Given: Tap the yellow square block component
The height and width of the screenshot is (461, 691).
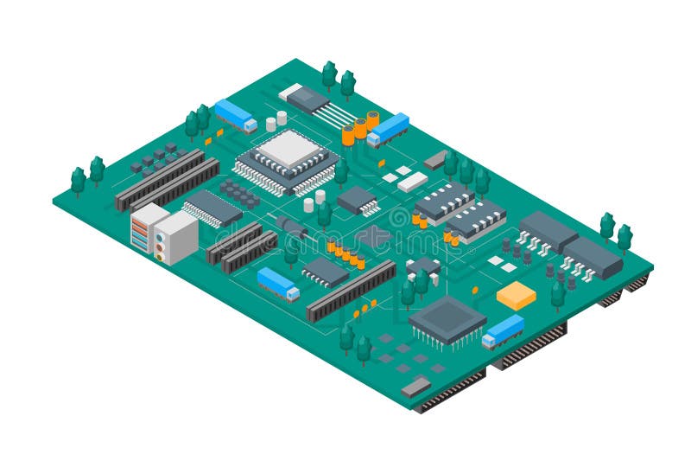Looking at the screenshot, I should [516, 295].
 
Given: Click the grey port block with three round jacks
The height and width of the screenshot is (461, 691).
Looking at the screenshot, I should [176, 237].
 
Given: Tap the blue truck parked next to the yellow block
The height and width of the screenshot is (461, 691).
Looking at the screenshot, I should [503, 331].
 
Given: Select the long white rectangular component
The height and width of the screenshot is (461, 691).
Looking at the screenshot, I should [412, 182].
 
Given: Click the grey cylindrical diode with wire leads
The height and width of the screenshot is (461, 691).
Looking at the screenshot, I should [293, 227].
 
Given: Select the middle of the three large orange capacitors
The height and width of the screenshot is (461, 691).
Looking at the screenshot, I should [359, 128].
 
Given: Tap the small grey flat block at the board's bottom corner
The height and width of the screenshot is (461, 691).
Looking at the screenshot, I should [415, 387].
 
